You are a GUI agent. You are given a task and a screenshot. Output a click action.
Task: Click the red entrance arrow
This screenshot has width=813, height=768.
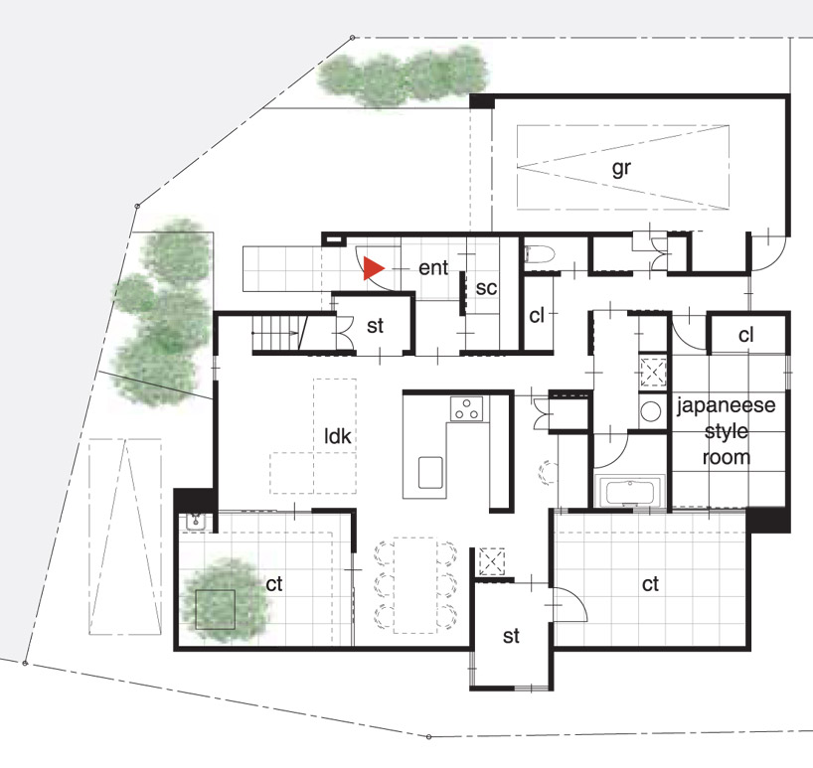click(x=373, y=268)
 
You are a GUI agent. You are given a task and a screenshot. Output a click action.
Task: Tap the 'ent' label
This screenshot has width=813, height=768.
click(x=433, y=268)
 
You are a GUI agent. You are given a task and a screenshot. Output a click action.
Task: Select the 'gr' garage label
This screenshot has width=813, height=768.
click(x=621, y=169)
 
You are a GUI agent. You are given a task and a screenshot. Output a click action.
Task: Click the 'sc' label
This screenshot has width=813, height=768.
click(x=486, y=288)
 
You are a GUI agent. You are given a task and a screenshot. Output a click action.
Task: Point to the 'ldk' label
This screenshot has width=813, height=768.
click(x=338, y=436)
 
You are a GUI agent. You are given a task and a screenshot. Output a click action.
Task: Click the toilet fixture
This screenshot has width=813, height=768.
click(x=540, y=254)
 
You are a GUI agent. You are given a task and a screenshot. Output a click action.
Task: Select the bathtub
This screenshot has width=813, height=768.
click(x=629, y=493)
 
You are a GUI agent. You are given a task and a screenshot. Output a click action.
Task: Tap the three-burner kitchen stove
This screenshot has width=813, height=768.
click(x=467, y=409)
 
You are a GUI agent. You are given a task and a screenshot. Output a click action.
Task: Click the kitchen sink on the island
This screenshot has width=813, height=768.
click(x=430, y=472)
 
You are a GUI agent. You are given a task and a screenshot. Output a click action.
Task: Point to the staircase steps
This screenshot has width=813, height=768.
click(x=275, y=334)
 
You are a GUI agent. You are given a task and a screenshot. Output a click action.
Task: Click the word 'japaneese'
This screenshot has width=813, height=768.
click(x=726, y=405)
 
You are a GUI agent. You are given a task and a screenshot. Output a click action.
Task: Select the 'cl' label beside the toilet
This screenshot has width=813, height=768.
click(x=536, y=315)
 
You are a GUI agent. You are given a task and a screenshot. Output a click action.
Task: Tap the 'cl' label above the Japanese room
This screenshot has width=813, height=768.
click(x=745, y=335)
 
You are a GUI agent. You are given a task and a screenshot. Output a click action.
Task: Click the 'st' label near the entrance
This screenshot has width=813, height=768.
click(x=375, y=326)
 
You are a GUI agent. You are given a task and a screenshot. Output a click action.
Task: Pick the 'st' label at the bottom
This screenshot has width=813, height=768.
click(x=511, y=637)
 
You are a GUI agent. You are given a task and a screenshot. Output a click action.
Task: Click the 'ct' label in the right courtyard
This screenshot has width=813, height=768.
click(x=650, y=584)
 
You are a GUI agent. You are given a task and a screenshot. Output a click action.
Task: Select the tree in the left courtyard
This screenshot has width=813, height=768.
click(x=225, y=601)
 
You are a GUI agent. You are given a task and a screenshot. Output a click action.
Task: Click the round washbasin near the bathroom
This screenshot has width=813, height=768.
click(x=650, y=411)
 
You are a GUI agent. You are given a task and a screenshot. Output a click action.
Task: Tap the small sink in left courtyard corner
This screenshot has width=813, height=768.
click(x=196, y=522)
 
